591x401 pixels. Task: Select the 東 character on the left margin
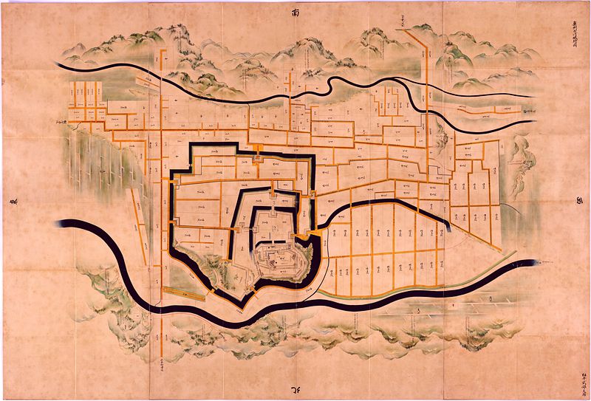tap(13, 203)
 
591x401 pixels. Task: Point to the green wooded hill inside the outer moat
tap(211, 266)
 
